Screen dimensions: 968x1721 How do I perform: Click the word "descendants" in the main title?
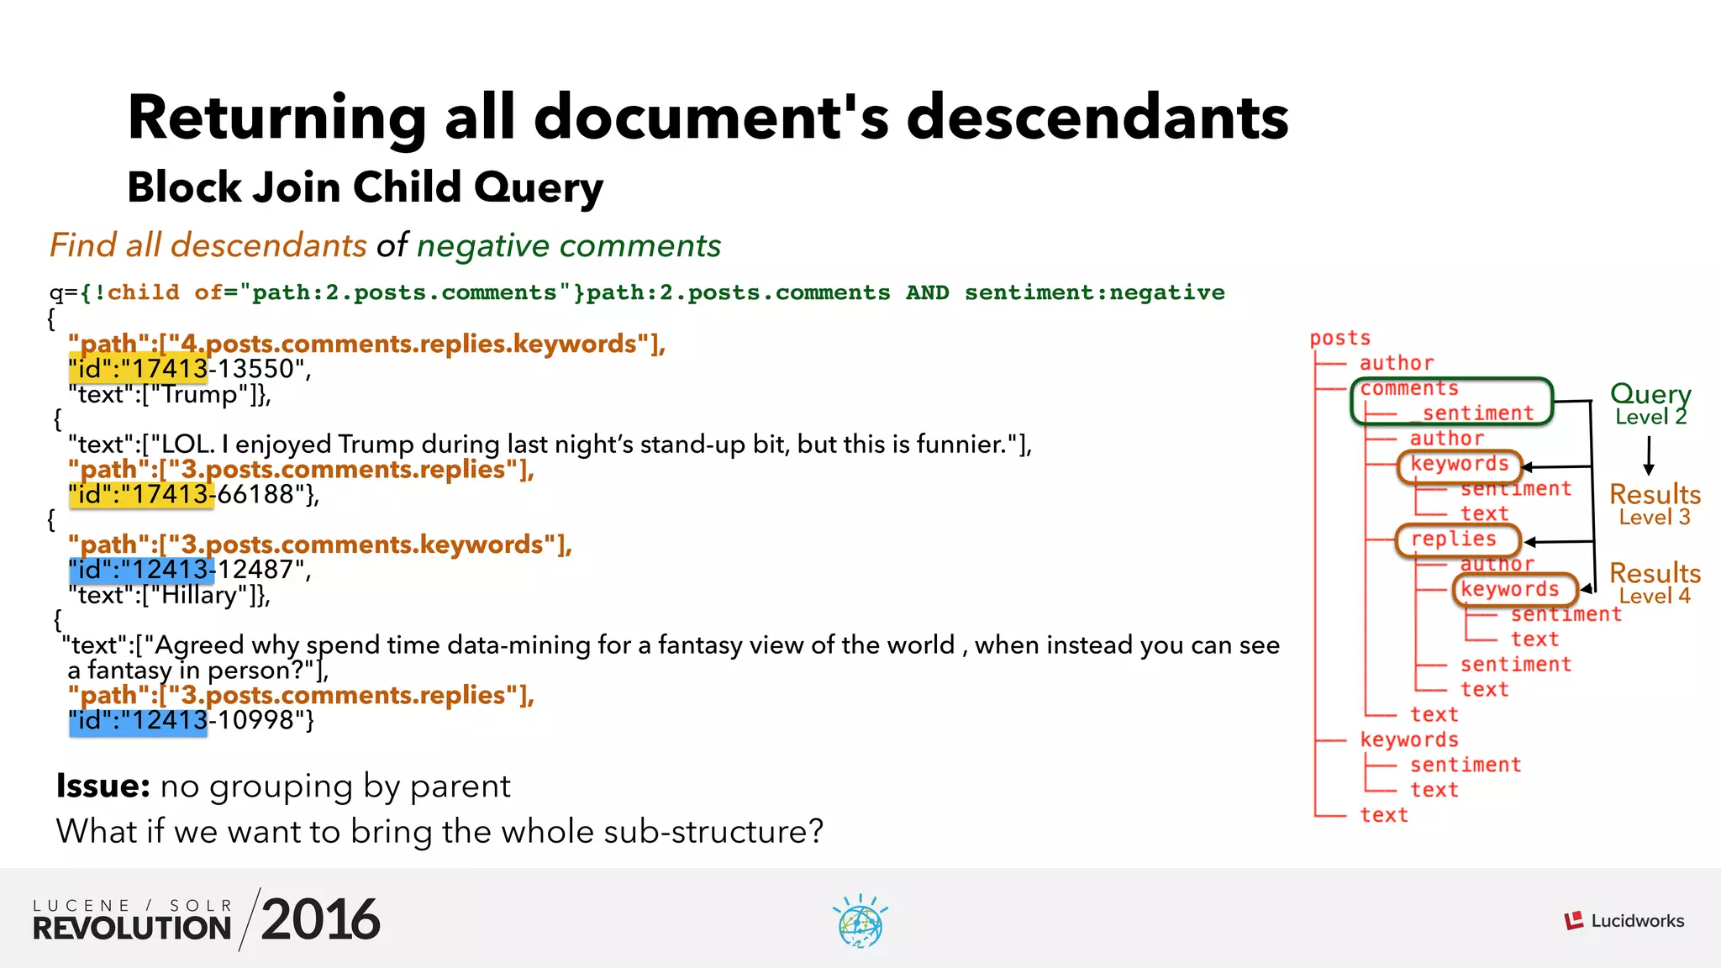point(1097,118)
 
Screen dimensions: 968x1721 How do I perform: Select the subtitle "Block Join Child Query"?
point(365,187)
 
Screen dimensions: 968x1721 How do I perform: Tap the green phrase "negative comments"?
point(569,245)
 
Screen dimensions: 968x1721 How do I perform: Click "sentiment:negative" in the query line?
point(1094,292)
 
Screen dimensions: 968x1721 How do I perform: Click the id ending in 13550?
point(190,369)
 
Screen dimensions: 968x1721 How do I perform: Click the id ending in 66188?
point(192,494)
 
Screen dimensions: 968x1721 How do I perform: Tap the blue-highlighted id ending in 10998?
point(190,720)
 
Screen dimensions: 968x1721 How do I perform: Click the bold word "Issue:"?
point(103,786)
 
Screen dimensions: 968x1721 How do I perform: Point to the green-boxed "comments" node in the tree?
point(1409,389)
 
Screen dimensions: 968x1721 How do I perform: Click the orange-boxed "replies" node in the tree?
point(1455,539)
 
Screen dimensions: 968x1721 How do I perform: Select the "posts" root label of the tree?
point(1339,338)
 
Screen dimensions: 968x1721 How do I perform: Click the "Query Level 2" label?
point(1650,403)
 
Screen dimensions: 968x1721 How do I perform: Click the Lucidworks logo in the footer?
point(1624,921)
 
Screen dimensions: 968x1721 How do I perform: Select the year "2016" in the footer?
point(320,920)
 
